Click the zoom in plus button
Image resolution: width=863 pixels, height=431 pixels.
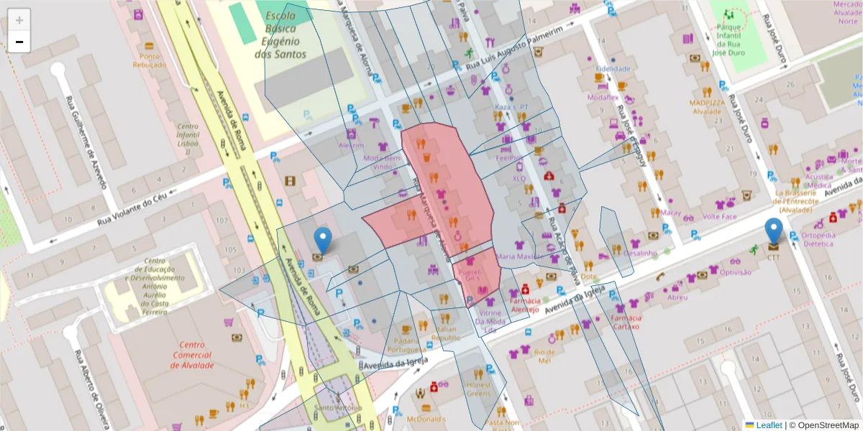tap(19, 20)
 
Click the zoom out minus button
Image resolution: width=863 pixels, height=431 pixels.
tap(19, 42)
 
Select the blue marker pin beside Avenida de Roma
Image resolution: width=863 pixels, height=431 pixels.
tap(323, 241)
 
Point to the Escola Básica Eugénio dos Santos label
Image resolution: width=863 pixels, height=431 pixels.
tap(285, 34)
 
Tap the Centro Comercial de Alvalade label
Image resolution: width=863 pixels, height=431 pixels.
tap(192, 355)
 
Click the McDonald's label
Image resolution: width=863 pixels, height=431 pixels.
tap(426, 419)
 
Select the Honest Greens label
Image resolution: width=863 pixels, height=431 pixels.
tap(478, 389)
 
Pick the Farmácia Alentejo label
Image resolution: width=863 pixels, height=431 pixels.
tap(524, 305)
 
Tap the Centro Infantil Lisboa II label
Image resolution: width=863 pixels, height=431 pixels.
tap(188, 139)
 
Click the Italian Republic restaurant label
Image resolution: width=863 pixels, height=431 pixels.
tap(446, 333)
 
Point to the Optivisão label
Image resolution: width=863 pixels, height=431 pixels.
tap(735, 272)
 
